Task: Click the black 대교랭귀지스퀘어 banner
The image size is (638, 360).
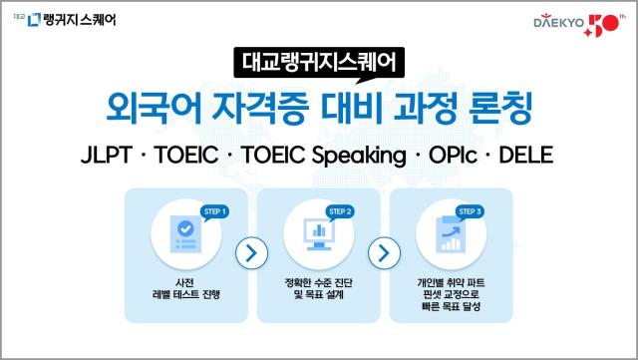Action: click(x=319, y=62)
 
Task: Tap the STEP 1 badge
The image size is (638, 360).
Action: click(x=215, y=211)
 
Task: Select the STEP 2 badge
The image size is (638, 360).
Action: click(x=341, y=211)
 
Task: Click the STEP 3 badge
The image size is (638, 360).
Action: click(x=470, y=211)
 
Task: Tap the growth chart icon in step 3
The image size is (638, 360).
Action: click(x=450, y=233)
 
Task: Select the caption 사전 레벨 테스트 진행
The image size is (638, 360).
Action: click(x=184, y=288)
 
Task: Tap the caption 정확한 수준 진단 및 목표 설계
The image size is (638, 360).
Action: click(x=318, y=288)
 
